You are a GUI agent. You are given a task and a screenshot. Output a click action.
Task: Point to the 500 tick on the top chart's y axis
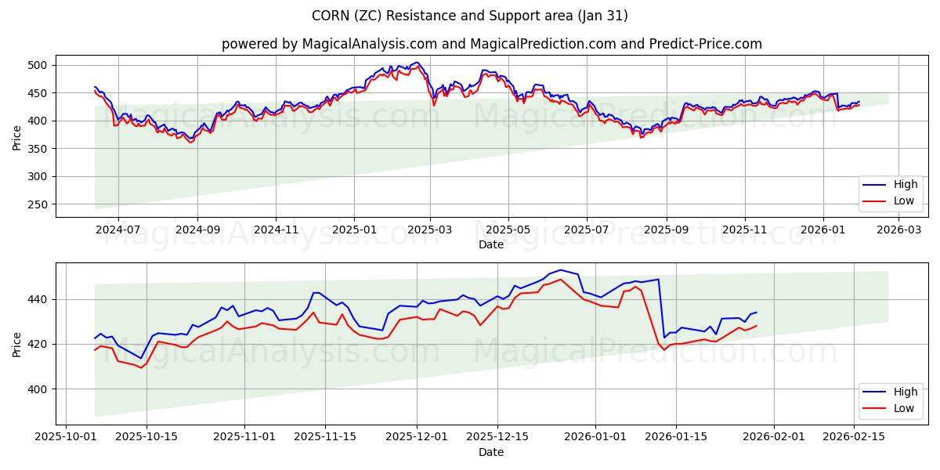coord(38,65)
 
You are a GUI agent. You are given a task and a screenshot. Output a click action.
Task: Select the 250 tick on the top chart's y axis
coord(38,204)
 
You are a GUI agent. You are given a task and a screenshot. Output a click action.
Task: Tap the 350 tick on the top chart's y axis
coord(38,149)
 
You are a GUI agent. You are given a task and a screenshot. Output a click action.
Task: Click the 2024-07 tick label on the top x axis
coord(118,230)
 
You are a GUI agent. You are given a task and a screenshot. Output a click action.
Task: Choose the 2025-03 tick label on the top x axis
coord(430,230)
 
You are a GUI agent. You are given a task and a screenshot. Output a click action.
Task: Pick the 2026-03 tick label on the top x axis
coord(898,230)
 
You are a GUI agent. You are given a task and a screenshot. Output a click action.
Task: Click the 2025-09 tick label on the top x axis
coord(666,230)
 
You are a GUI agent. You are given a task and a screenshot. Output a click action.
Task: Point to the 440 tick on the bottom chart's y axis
coord(38,299)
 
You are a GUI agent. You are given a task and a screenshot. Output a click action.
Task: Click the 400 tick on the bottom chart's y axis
coord(38,389)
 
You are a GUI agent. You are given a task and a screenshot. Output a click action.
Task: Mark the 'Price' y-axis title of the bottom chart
coord(17,344)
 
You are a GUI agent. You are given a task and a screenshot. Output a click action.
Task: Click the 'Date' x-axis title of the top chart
coord(491,244)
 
